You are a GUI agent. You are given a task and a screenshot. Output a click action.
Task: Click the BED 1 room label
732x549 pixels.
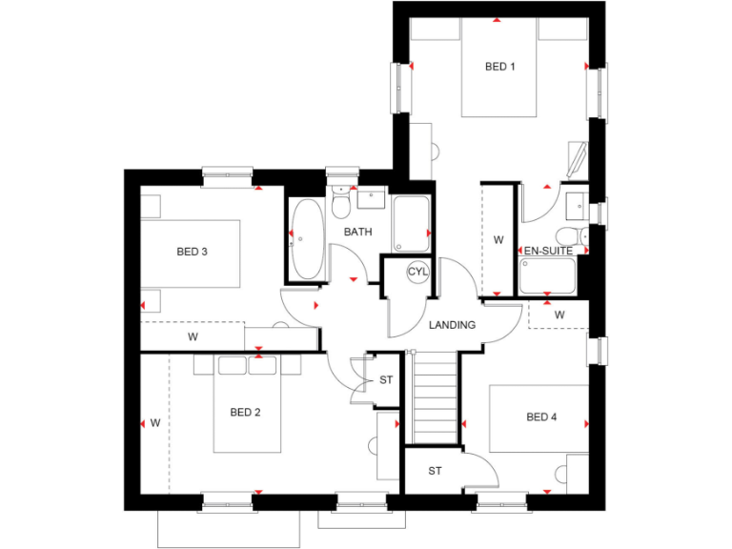click(499, 67)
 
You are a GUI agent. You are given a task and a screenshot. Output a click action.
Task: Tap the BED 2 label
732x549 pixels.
click(245, 413)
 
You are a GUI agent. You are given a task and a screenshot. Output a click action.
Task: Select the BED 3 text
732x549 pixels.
click(192, 252)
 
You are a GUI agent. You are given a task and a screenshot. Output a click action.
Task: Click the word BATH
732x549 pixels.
click(357, 232)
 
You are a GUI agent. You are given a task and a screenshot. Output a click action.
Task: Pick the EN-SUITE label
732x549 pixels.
click(548, 251)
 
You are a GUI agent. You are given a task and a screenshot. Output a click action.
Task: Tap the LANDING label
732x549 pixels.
click(452, 325)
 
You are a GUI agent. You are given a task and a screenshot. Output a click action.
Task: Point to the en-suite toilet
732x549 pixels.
click(569, 237)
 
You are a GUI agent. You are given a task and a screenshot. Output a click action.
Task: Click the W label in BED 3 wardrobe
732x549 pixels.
click(193, 336)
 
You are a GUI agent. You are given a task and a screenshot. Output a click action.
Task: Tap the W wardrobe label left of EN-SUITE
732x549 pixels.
click(498, 240)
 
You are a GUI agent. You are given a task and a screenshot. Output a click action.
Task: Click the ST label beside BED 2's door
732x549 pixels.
click(385, 380)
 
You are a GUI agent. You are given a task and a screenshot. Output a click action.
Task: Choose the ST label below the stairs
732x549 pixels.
click(435, 471)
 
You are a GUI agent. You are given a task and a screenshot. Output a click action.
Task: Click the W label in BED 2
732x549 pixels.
click(154, 422)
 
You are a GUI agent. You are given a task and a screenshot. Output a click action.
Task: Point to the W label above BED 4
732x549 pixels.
click(559, 315)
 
